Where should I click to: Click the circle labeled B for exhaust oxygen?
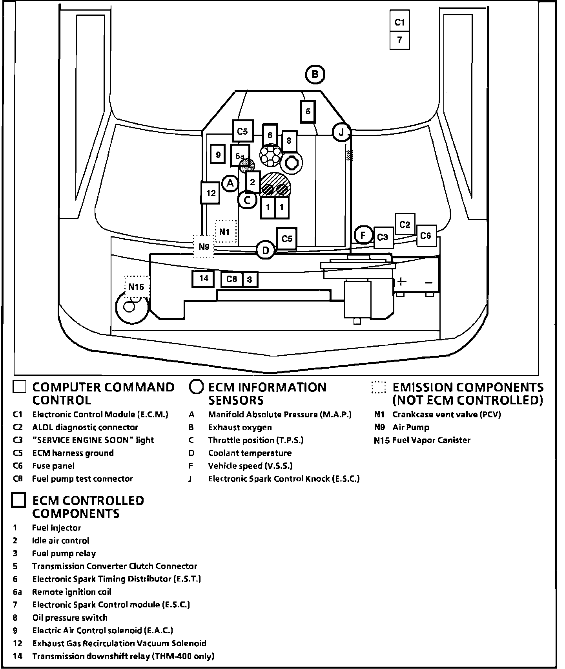(315, 74)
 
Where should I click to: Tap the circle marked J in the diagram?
(341, 132)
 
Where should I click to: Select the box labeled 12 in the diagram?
(210, 193)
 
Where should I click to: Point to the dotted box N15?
(136, 287)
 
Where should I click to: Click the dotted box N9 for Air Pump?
(204, 247)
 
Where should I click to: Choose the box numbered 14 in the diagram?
(203, 278)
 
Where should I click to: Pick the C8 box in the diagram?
(231, 279)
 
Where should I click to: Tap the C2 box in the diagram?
(405, 224)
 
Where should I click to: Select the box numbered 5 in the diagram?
(308, 111)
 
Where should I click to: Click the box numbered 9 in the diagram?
(218, 155)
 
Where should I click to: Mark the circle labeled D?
(266, 250)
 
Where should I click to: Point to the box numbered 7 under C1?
(399, 40)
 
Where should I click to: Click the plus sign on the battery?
(401, 281)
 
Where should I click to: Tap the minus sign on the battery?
(428, 282)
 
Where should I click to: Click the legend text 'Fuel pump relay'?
(64, 554)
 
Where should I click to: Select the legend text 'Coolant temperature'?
(250, 453)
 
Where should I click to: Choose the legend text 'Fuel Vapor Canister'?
(431, 440)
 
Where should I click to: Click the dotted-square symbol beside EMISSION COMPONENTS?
(379, 387)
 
